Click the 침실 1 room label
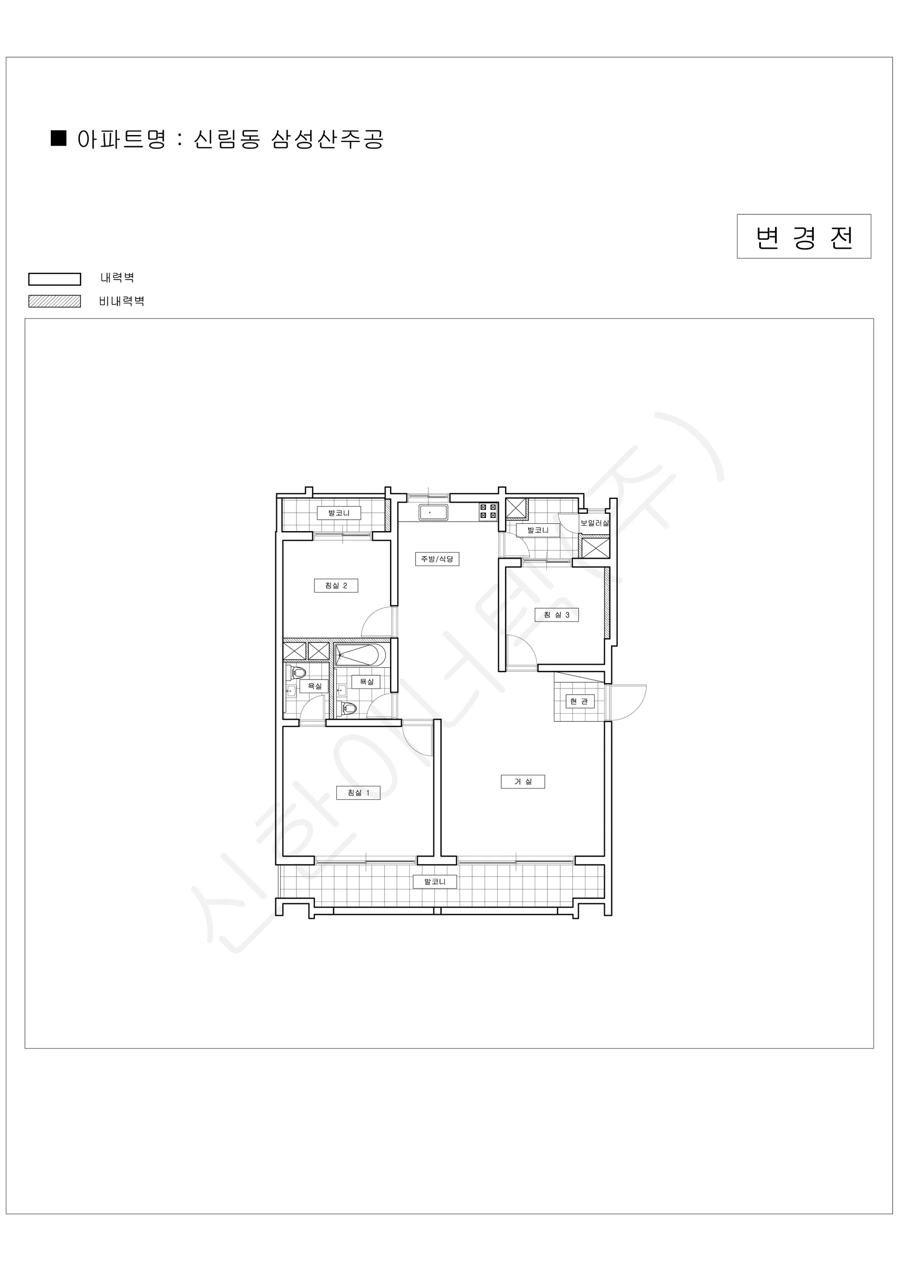[358, 793]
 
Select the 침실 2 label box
[336, 586]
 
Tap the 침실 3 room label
[556, 615]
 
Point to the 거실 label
[523, 782]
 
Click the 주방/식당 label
[437, 559]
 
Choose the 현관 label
[579, 701]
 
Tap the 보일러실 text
[595, 523]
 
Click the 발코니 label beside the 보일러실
[537, 530]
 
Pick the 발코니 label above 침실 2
[339, 513]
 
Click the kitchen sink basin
[433, 513]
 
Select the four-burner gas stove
[488, 511]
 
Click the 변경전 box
[804, 236]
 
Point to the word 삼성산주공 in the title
[327, 139]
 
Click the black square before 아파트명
[59, 138]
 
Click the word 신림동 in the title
[227, 139]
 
